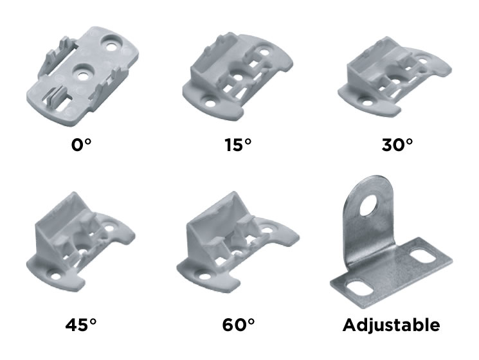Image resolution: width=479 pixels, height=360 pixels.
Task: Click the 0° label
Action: pos(81,145)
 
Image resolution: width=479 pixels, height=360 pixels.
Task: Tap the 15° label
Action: pos(238,145)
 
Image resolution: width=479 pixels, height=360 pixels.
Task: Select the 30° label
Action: pos(397,145)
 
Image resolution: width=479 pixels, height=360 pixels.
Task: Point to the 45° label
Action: pos(81,325)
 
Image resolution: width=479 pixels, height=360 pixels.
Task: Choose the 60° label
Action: pos(239,325)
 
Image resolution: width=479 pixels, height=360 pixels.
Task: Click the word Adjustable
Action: pos(392,325)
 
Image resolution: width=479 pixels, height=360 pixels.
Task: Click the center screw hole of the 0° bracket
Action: pos(82,75)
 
